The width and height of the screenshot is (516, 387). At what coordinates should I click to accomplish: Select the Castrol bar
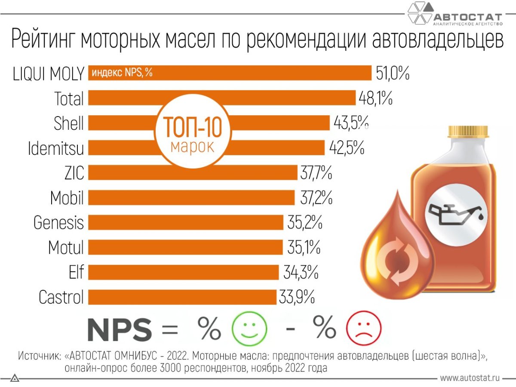[182, 297]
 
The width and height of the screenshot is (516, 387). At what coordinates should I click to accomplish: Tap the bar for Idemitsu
[258, 148]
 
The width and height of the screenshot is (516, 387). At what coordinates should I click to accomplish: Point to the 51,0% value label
[392, 73]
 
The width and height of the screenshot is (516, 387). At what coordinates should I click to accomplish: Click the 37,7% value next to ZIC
[316, 173]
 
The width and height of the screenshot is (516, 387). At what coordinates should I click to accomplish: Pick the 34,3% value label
[301, 272]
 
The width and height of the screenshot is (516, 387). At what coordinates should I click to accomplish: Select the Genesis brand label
[59, 223]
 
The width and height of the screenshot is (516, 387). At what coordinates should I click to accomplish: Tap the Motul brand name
[66, 248]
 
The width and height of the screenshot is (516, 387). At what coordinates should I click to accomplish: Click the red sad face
[363, 329]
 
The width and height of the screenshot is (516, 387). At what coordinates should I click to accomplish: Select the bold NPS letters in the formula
[120, 330]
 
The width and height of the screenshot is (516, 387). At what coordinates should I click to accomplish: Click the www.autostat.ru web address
[470, 378]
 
